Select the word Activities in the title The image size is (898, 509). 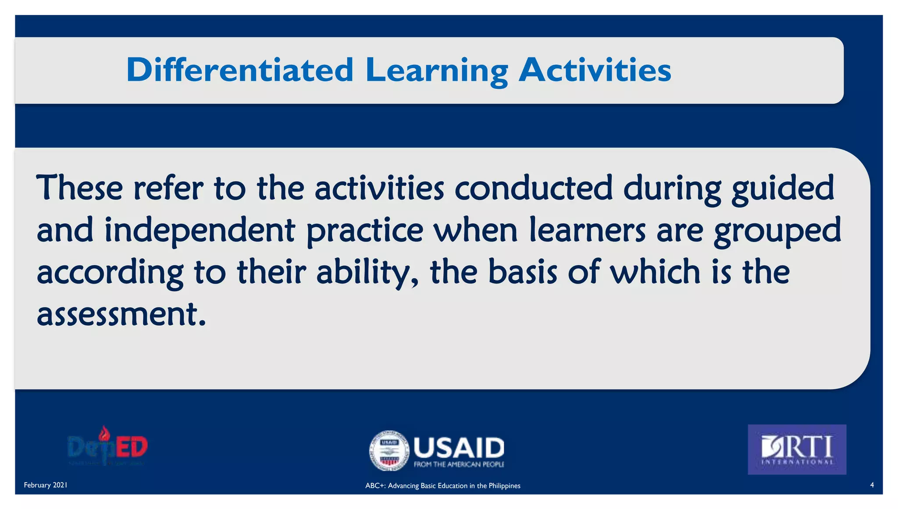pyautogui.click(x=595, y=70)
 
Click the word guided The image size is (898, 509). pyautogui.click(x=782, y=189)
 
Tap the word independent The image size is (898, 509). pyautogui.click(x=200, y=231)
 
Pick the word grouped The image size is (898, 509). pyautogui.click(x=777, y=231)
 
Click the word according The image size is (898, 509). pyautogui.click(x=110, y=273)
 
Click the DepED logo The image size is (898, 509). pyautogui.click(x=108, y=446)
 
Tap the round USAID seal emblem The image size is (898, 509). pyautogui.click(x=388, y=450)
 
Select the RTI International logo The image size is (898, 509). pyautogui.click(x=797, y=449)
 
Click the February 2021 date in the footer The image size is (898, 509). pyautogui.click(x=46, y=485)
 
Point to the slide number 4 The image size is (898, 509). pyautogui.click(x=872, y=485)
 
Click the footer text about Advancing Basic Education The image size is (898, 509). pyautogui.click(x=442, y=486)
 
